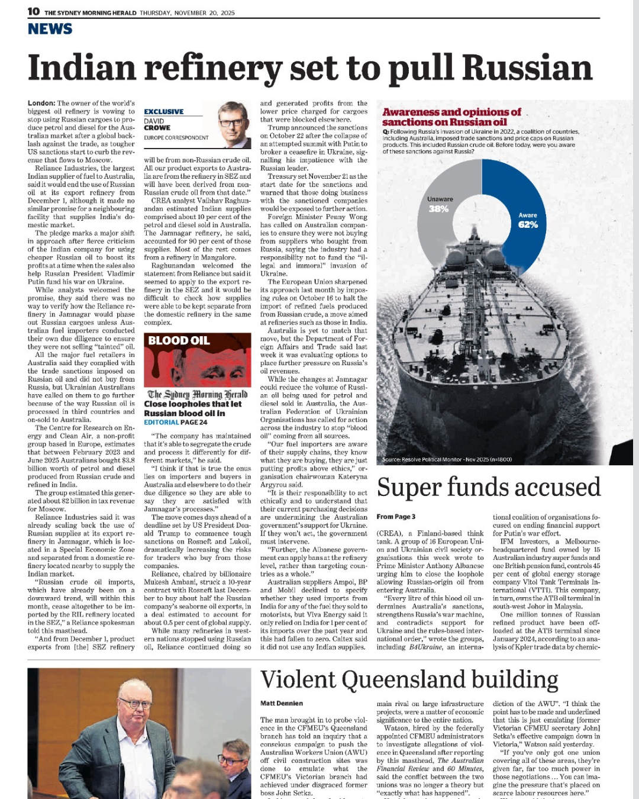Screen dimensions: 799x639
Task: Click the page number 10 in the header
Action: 34,12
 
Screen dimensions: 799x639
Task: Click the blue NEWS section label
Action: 50,29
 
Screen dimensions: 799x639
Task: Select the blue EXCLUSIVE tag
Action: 164,111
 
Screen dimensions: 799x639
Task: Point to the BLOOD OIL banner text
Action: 179,340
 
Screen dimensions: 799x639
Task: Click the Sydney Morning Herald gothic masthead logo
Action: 197,394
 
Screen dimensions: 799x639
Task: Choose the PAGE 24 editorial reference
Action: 194,422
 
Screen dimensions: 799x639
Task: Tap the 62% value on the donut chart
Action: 528,225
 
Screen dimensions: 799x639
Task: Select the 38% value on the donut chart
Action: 438,209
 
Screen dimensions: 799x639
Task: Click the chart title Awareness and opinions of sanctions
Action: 451,117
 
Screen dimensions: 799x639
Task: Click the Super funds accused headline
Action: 488,487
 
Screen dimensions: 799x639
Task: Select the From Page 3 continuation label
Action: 396,517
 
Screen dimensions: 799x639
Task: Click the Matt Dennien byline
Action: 282,703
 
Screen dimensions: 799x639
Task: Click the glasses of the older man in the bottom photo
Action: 135,704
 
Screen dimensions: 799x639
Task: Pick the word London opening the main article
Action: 41,103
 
